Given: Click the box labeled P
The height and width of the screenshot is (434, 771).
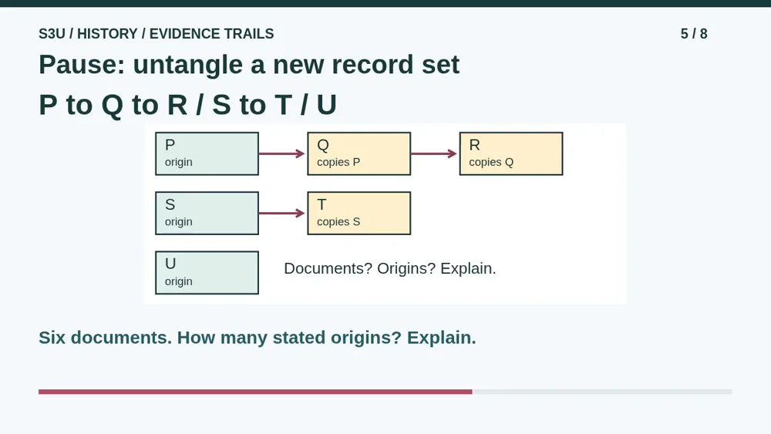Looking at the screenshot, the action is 207,153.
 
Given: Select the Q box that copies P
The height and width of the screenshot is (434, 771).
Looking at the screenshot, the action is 359,153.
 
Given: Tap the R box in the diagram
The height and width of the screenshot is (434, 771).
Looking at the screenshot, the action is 511,153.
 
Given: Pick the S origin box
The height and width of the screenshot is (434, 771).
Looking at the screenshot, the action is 207,214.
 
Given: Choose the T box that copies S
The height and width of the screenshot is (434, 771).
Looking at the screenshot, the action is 359,214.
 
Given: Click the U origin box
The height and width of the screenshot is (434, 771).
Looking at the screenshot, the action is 207,273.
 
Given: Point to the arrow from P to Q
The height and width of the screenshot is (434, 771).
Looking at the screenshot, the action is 282,154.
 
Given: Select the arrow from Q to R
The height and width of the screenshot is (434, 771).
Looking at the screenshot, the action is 434,154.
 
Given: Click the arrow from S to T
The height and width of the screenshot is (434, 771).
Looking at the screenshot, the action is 282,214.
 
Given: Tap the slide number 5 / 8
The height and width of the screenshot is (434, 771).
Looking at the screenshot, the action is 694,33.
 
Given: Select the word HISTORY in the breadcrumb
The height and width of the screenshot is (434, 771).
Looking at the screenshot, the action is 107,33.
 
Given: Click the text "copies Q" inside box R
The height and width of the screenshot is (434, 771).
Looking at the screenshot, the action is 491,162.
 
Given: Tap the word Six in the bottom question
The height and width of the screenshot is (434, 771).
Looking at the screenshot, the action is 52,338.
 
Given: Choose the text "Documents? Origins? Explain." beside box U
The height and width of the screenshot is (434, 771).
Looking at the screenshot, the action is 390,268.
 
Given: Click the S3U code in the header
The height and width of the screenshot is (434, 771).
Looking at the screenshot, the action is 52,33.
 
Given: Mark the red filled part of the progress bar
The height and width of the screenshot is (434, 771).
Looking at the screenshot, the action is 255,392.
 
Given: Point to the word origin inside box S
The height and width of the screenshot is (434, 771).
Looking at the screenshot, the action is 179,222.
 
